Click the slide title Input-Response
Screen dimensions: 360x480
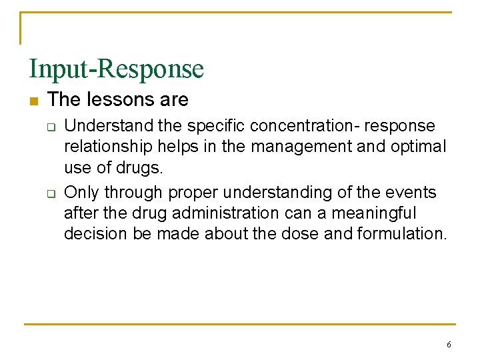click(x=116, y=69)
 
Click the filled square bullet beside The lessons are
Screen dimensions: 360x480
click(x=33, y=101)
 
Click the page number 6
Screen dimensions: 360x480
click(x=449, y=345)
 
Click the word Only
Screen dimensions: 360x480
click(x=80, y=193)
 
